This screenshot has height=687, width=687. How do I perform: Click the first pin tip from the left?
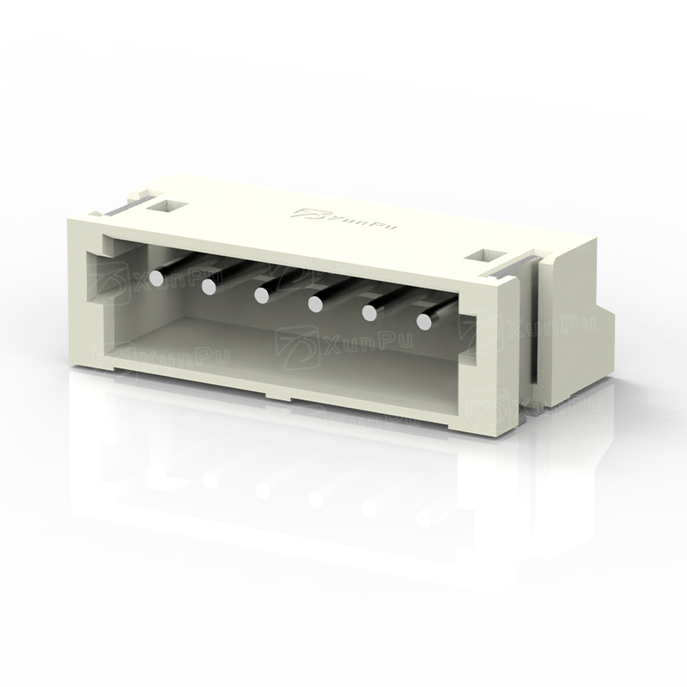156,277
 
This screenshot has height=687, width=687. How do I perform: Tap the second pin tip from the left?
209,287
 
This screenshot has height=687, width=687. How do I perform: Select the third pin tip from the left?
262,295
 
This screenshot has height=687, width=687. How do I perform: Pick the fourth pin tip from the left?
315,304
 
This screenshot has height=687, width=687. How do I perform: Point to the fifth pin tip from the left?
369,313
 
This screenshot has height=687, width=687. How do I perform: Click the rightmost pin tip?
423,322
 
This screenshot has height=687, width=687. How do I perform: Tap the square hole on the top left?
166,205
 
